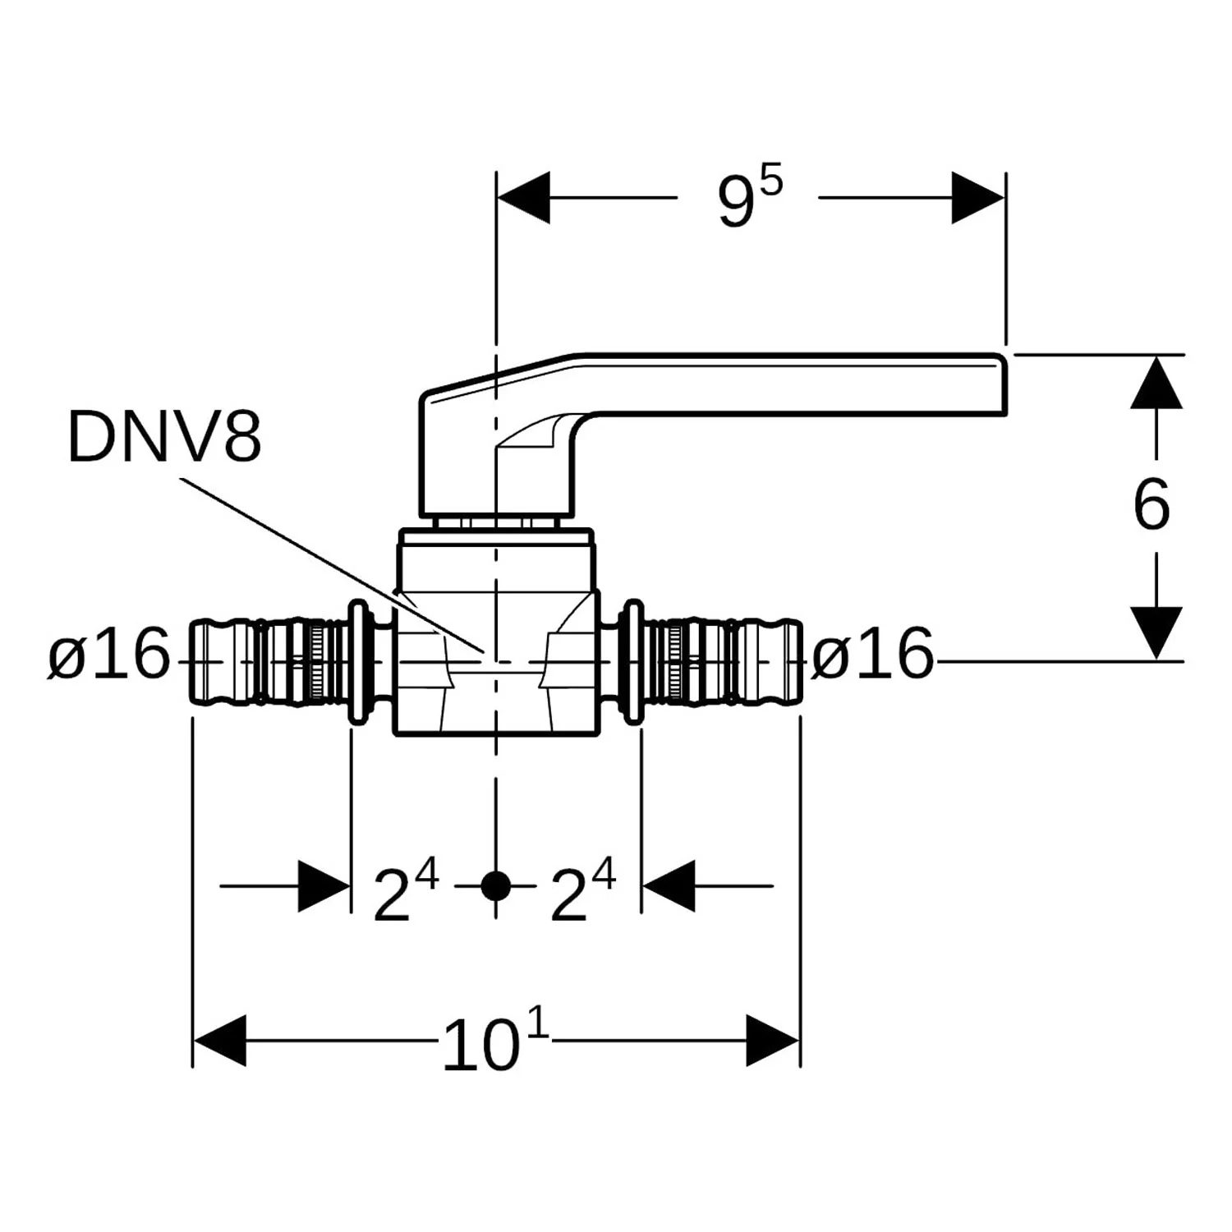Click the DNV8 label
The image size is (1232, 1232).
[164, 437]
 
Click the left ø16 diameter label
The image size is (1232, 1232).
[108, 655]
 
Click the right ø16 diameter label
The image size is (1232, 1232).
[873, 655]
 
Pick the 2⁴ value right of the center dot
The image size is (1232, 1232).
[582, 890]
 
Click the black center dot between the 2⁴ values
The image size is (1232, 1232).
[495, 886]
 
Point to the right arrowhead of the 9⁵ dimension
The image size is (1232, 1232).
[978, 198]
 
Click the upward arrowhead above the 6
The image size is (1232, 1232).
[1156, 383]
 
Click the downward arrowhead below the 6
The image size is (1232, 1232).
[1156, 632]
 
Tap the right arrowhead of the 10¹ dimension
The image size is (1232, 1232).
[773, 1041]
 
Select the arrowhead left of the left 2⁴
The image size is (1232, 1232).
[324, 886]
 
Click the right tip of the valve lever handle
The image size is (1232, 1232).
[1006, 384]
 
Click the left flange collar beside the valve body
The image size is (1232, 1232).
[359, 662]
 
